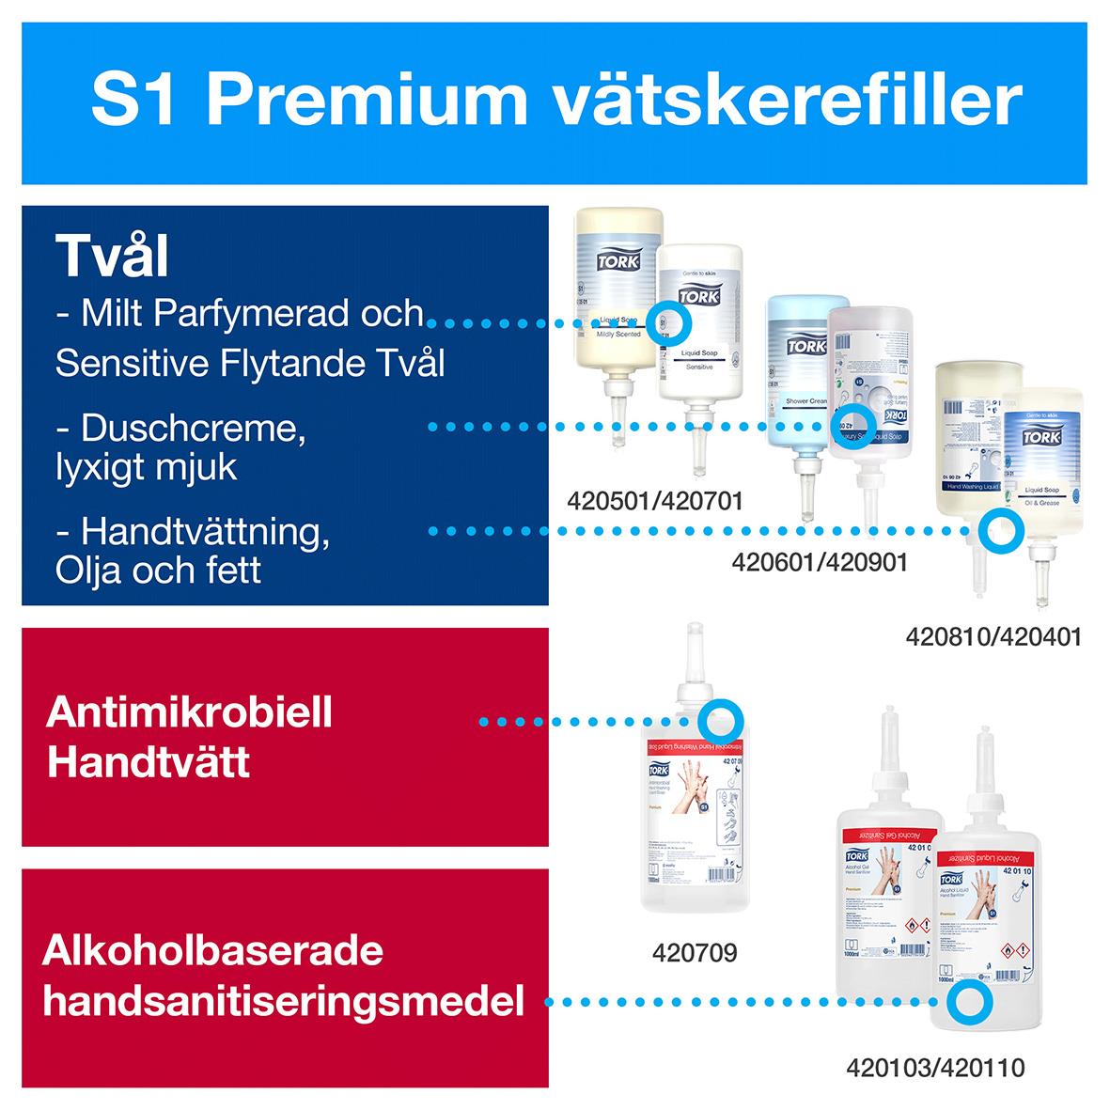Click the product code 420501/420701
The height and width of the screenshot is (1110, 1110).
coord(655,501)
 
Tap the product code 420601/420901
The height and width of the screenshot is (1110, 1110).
coord(820,562)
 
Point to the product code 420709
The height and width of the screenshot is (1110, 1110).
coord(695,953)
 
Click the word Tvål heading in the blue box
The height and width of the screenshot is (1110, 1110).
coord(112,255)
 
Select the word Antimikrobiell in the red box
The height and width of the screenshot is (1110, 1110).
coord(189,712)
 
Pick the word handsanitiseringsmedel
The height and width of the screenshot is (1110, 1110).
coord(283,1002)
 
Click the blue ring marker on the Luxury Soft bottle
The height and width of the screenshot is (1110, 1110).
coord(855,427)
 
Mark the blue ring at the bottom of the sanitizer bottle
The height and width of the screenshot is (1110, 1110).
coord(968,1002)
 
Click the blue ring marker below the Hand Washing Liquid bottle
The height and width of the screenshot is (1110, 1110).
coord(996,532)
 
